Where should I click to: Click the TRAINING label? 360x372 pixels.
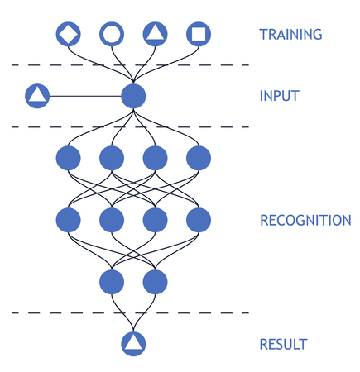pos(290,35)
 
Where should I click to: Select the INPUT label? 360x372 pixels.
pos(279,96)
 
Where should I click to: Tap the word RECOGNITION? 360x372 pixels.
pos(305,221)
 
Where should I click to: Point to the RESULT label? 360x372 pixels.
pos(283,344)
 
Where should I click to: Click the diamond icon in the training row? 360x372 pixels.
pos(68,34)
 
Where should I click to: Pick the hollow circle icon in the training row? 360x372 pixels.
pos(111,34)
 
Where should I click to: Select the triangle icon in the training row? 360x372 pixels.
pos(155,34)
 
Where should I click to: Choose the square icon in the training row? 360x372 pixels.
pos(198,34)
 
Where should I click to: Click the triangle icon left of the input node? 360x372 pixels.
pos(37,96)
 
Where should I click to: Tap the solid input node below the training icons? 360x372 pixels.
pos(133,96)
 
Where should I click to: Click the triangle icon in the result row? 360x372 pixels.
pos(133,343)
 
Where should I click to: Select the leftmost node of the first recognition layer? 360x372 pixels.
pos(68,157)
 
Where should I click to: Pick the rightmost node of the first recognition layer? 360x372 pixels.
pos(199,157)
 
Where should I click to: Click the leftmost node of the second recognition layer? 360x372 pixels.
pos(68,220)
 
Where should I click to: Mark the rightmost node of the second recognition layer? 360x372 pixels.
pos(199,220)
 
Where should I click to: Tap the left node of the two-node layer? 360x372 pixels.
pos(112,282)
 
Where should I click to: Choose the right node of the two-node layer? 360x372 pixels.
pos(155,282)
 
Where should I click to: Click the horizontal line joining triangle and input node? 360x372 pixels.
pos(84,96)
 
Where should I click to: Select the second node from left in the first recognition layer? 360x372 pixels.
pos(112,157)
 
